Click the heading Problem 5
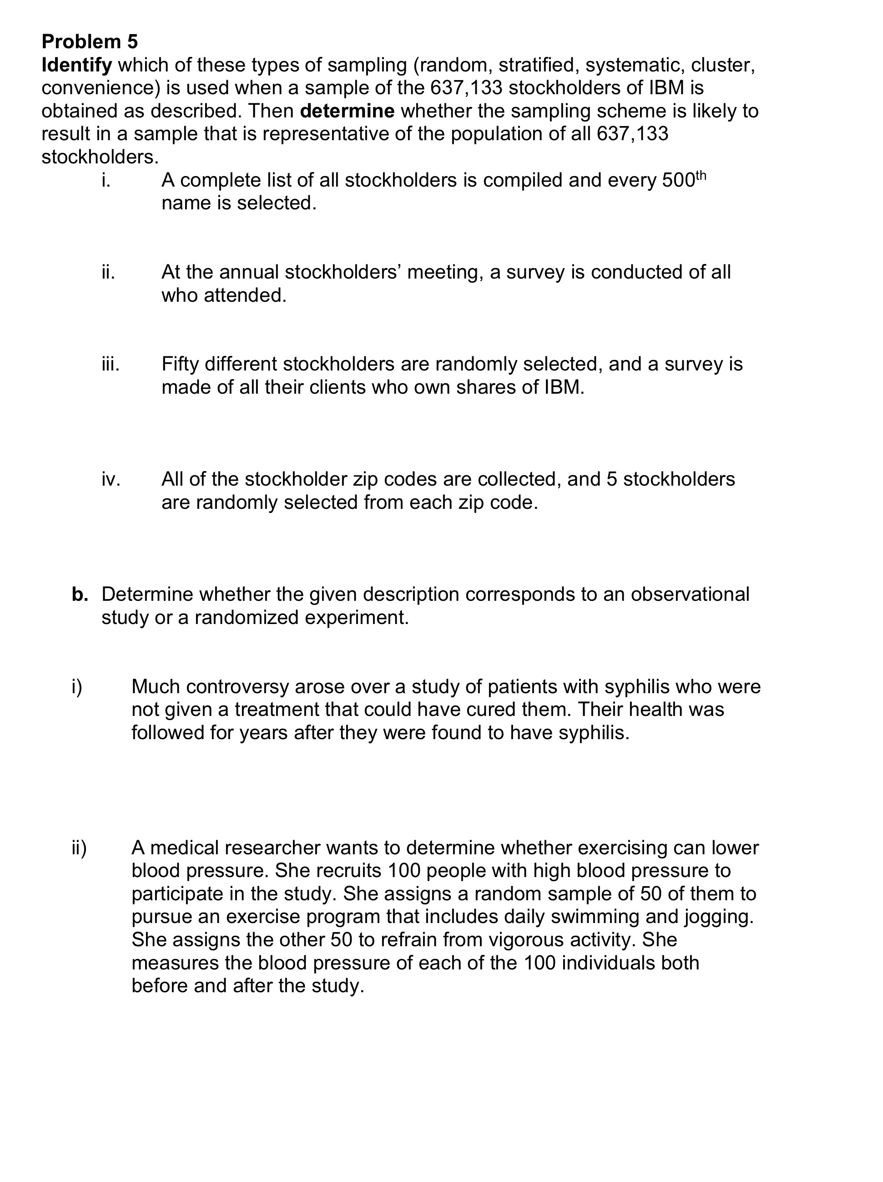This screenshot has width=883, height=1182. [x=90, y=42]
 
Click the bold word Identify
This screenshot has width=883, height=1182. [x=76, y=65]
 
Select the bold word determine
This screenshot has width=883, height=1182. [x=347, y=111]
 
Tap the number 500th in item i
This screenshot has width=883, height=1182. [x=684, y=180]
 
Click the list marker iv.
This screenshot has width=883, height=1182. [x=111, y=479]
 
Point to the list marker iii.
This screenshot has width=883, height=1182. [x=110, y=364]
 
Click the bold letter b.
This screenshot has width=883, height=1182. [x=80, y=594]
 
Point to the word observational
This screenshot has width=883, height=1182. [x=690, y=594]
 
